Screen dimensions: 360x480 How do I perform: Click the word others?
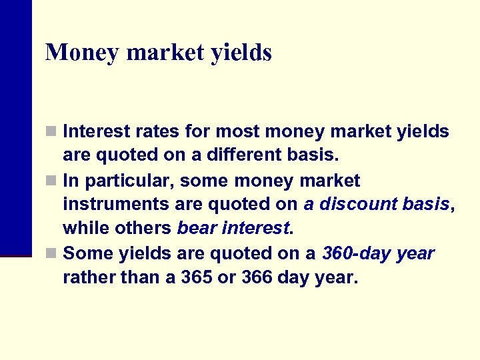141,229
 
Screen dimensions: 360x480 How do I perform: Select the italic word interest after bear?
257,229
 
